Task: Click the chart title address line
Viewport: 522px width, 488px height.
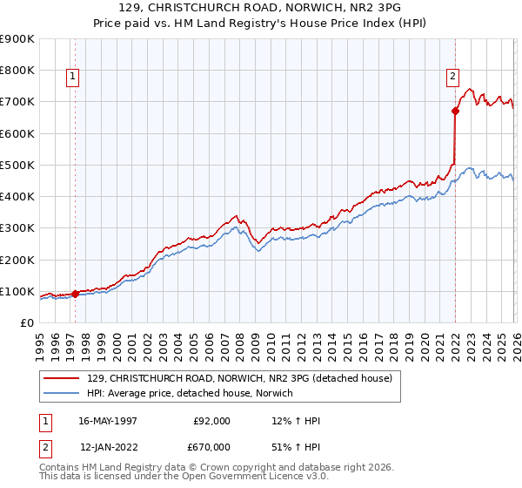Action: pos(261,8)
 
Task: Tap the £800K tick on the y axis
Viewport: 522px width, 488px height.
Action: pos(17,71)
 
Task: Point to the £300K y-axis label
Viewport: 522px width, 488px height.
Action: pos(17,228)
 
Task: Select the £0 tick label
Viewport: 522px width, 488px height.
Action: pos(26,323)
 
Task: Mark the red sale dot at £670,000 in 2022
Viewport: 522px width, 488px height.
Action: pos(455,112)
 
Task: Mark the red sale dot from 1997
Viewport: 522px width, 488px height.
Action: pos(76,294)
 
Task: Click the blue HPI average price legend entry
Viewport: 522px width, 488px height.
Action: pos(191,394)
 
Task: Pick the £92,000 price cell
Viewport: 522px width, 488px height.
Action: pos(211,421)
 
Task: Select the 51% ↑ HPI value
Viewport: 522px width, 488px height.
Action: pos(296,447)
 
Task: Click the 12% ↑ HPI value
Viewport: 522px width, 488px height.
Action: pos(296,421)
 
